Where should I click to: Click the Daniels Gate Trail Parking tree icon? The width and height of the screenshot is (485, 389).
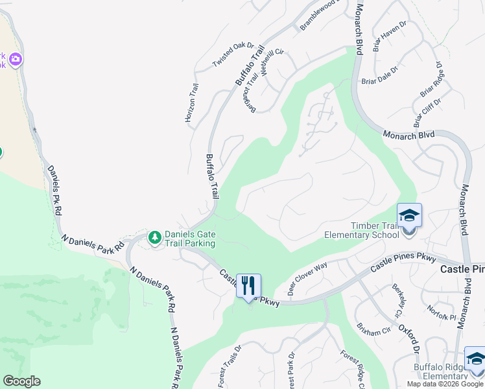click(x=154, y=238)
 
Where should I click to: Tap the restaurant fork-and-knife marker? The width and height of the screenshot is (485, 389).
click(x=248, y=285)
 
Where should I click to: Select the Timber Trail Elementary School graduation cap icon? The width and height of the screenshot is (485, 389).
click(x=409, y=215)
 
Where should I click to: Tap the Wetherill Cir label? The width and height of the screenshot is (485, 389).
click(x=273, y=64)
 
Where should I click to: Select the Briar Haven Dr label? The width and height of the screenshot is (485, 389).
click(x=389, y=35)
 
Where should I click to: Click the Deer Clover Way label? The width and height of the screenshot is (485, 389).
click(x=307, y=279)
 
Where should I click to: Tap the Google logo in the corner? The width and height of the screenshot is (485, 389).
click(x=21, y=381)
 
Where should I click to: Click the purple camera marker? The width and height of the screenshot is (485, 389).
click(x=15, y=60)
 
